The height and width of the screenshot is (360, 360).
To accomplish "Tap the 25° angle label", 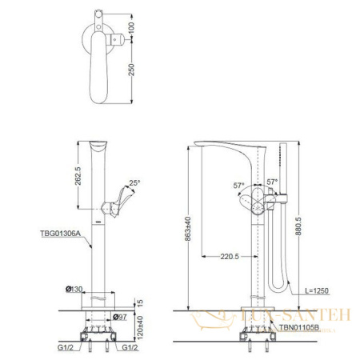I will coord(134,183).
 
